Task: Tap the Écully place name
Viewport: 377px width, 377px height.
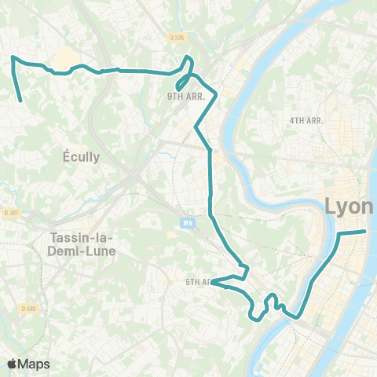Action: pyautogui.click(x=81, y=157)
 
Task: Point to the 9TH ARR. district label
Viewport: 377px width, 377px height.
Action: pyautogui.click(x=185, y=97)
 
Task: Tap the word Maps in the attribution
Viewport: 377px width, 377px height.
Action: pyautogui.click(x=35, y=364)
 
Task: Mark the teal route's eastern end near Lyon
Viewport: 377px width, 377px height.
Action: pyautogui.click(x=365, y=231)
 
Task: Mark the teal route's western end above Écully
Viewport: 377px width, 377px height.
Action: pyautogui.click(x=20, y=101)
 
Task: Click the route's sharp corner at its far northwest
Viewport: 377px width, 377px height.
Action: pyautogui.click(x=12, y=57)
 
